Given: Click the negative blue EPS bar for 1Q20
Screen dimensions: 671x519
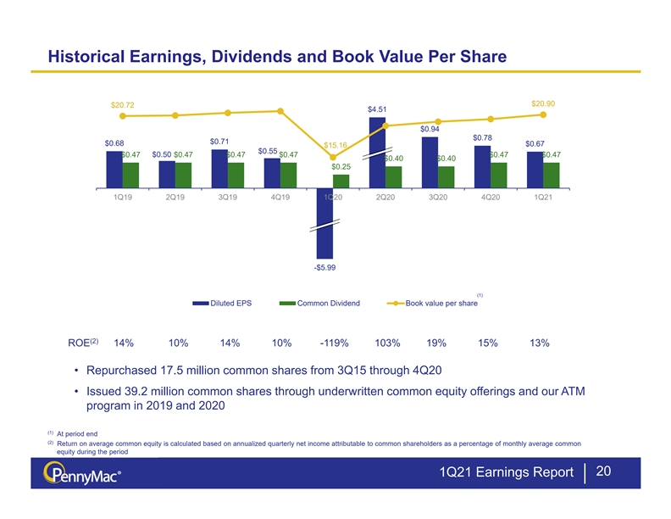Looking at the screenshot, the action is [x=324, y=223].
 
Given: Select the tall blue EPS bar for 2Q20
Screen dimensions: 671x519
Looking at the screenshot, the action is [x=377, y=153].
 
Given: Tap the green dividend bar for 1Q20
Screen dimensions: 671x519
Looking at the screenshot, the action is [x=341, y=181].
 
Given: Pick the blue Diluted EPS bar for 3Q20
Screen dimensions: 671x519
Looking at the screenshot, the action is [x=430, y=162].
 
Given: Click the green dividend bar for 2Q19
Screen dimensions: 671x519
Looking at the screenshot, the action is [x=183, y=176].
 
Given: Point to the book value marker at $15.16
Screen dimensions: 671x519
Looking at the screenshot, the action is [x=333, y=157].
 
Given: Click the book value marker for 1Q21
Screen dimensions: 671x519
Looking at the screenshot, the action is [x=543, y=114].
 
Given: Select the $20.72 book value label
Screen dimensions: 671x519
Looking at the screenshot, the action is [x=122, y=105].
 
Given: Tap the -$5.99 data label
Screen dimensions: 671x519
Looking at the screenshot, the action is [x=324, y=268].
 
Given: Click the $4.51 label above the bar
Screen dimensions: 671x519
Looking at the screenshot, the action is [x=377, y=109].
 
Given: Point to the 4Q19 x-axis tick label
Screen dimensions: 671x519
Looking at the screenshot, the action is [x=280, y=197].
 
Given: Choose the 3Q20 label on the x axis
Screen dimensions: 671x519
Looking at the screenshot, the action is [x=438, y=197].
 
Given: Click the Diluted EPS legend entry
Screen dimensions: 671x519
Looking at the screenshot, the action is [x=222, y=304].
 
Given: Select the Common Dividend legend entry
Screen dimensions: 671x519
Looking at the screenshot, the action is [x=319, y=304].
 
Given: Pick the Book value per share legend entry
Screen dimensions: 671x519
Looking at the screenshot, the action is [x=433, y=304].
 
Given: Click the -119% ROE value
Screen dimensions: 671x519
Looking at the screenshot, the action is [x=334, y=343].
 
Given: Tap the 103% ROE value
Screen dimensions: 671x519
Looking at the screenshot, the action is [x=387, y=343].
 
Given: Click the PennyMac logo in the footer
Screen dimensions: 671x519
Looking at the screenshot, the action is [x=81, y=473].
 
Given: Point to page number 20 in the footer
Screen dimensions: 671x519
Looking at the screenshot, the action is [x=603, y=471].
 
